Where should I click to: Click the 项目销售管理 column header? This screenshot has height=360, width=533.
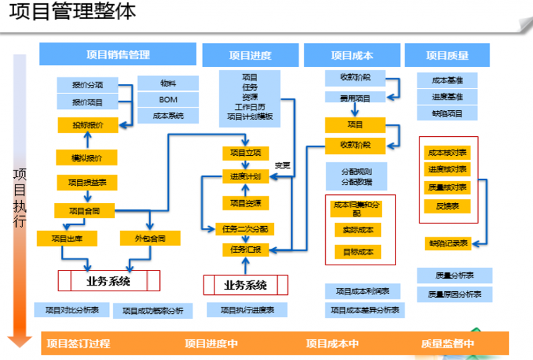(x=117, y=55)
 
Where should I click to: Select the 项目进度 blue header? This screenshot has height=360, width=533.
(x=250, y=56)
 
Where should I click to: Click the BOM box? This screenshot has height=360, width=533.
(x=168, y=99)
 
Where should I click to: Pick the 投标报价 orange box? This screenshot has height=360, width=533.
(x=88, y=125)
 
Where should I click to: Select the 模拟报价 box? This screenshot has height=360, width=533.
(x=86, y=158)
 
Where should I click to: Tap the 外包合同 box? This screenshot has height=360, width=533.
(x=150, y=239)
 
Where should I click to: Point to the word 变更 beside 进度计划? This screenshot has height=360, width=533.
(x=282, y=165)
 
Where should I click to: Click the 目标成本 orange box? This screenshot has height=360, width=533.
(x=358, y=252)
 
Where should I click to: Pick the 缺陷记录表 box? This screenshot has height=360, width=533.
(x=448, y=243)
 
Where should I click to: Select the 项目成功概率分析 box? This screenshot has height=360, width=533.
(x=153, y=310)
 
